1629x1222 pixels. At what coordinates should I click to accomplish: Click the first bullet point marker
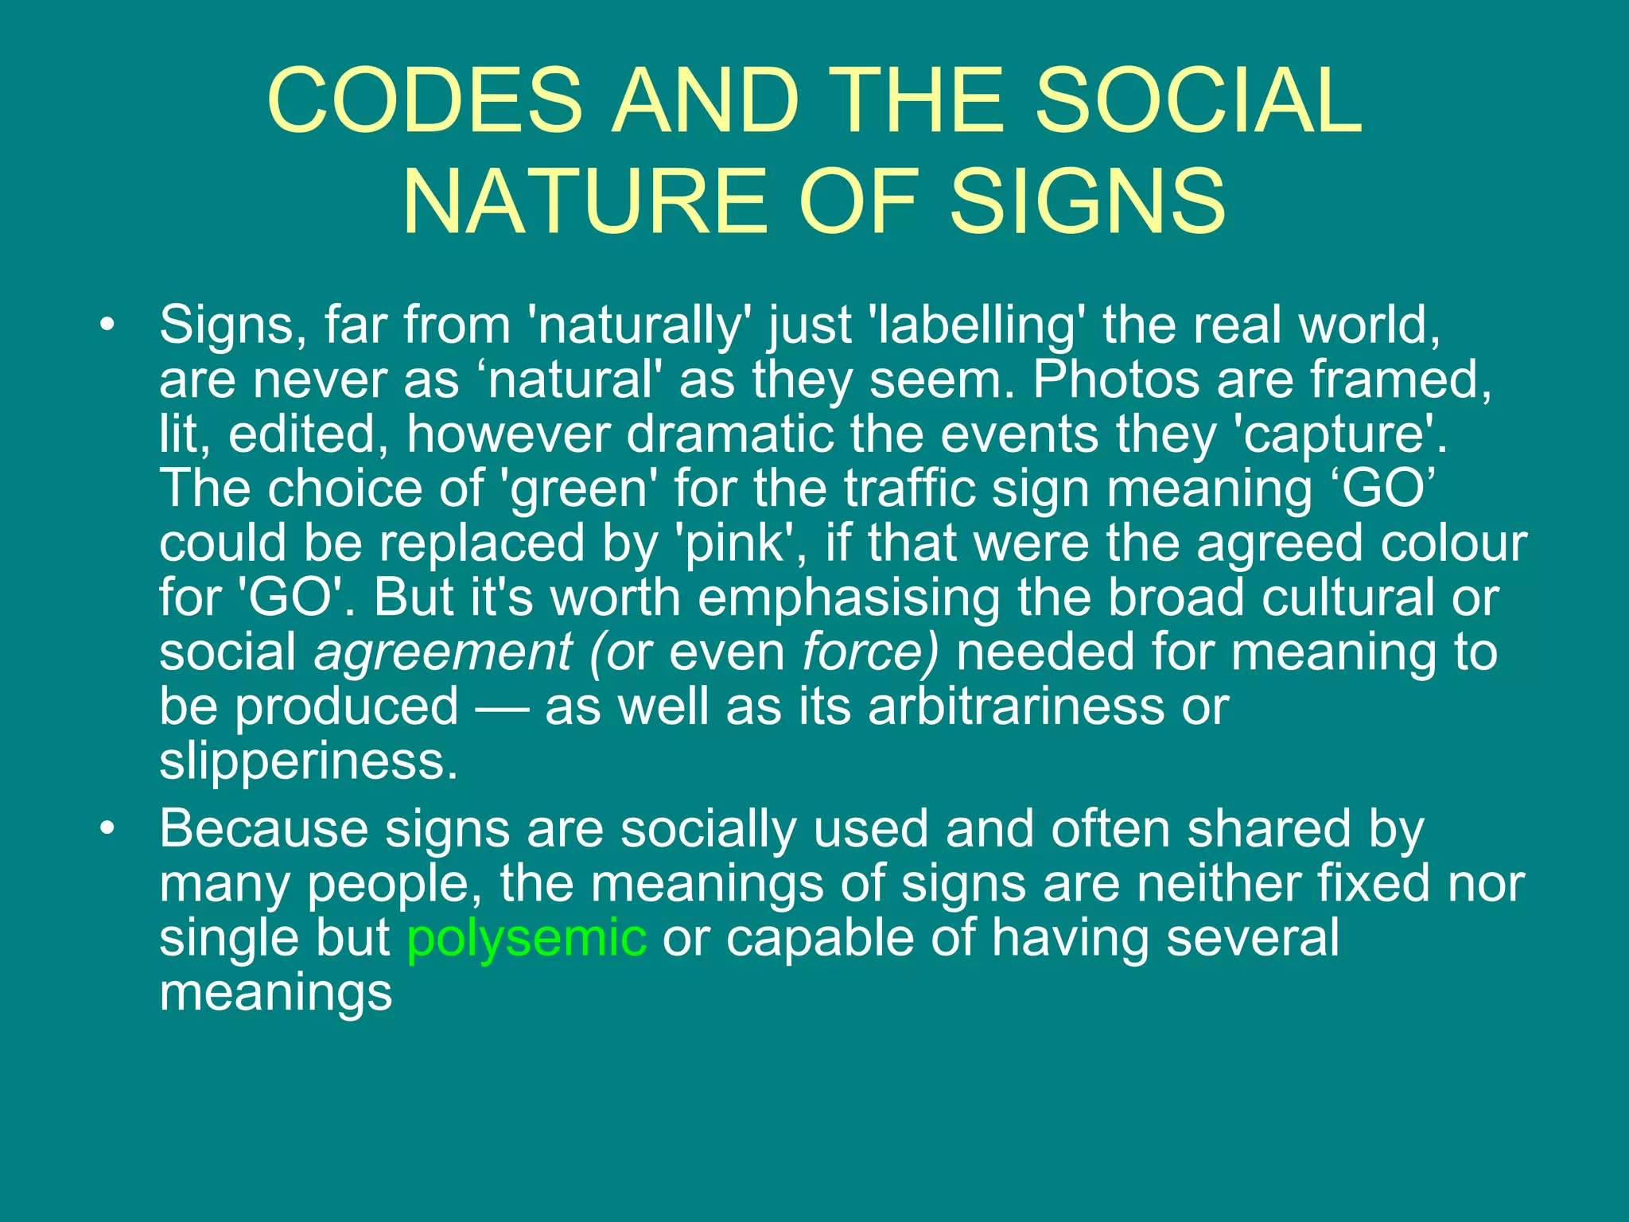coord(107,325)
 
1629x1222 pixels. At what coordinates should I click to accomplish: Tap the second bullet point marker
coord(107,830)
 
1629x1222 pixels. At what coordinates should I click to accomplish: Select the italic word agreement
coord(442,652)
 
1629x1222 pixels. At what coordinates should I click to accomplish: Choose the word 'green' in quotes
coord(579,489)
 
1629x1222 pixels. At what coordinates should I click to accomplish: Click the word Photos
coord(1116,380)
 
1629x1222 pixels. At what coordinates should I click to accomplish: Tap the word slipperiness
coord(309,761)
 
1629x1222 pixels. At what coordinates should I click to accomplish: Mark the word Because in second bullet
coord(263,830)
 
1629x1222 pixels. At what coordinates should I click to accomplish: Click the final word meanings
coord(276,993)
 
